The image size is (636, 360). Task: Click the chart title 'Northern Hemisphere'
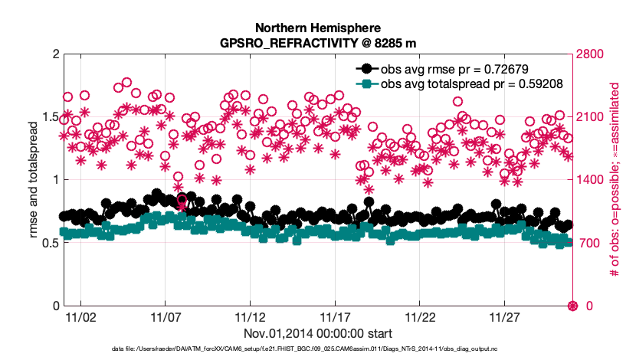(x=318, y=26)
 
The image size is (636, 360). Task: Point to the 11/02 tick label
(x=80, y=316)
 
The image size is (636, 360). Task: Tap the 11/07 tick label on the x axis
(x=166, y=316)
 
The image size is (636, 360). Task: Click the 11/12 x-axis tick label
(x=251, y=316)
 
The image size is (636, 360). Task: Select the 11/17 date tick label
(x=335, y=316)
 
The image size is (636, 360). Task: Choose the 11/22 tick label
(x=420, y=316)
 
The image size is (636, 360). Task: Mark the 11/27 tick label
(x=505, y=316)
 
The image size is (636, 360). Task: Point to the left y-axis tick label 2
(x=53, y=54)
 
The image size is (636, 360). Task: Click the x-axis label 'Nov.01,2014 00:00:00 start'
(x=318, y=333)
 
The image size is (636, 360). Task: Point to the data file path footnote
(x=318, y=349)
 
